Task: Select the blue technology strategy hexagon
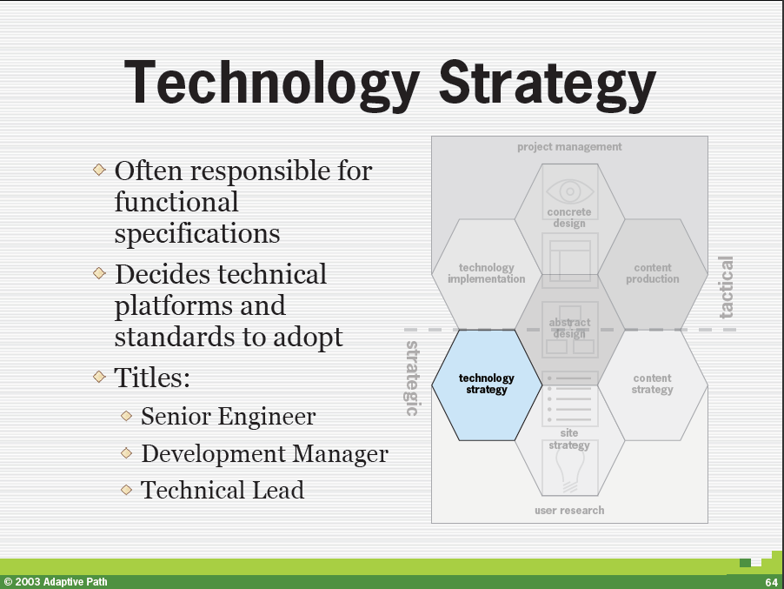click(487, 385)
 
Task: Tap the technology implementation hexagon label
click(487, 273)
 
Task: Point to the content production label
click(653, 273)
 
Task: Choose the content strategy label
click(653, 384)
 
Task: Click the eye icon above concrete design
click(570, 191)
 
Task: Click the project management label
click(569, 147)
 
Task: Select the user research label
click(569, 511)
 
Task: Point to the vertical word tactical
click(726, 287)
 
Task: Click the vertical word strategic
click(411, 378)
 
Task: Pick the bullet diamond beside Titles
click(99, 377)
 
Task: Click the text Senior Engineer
click(228, 416)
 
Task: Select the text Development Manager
click(264, 453)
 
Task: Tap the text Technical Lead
click(222, 490)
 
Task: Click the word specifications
click(197, 234)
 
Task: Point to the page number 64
click(771, 582)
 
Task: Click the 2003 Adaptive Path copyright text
click(56, 581)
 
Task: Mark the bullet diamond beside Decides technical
click(99, 272)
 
